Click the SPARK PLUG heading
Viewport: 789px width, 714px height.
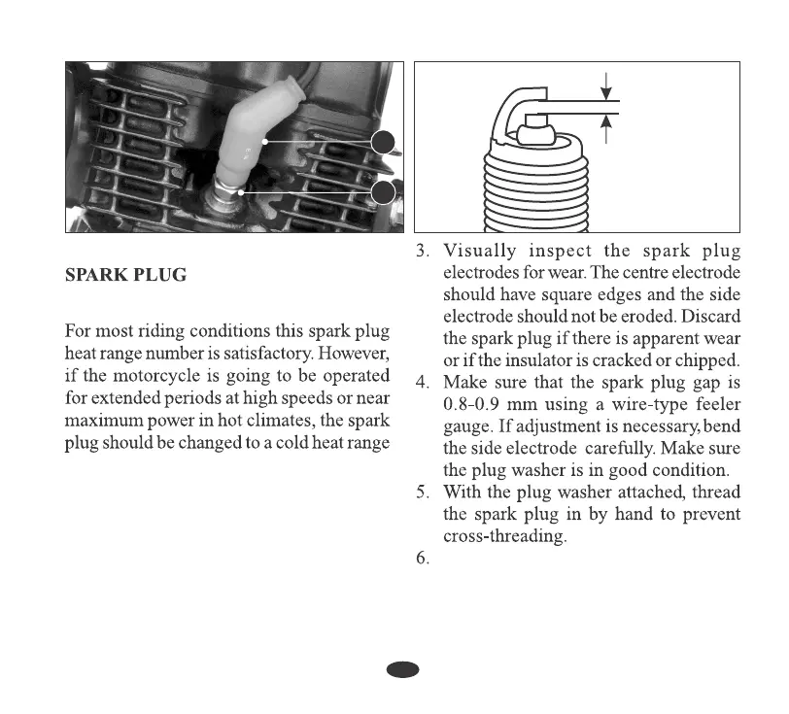(x=125, y=276)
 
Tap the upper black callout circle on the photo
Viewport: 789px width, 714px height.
(x=384, y=143)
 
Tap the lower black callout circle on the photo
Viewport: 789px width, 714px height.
(x=384, y=192)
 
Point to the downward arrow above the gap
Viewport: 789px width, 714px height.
(x=606, y=90)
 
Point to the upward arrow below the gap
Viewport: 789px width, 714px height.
(x=606, y=123)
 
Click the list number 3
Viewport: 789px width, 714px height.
(x=423, y=254)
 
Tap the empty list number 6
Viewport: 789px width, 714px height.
(x=423, y=561)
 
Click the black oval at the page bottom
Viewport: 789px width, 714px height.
(x=402, y=669)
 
